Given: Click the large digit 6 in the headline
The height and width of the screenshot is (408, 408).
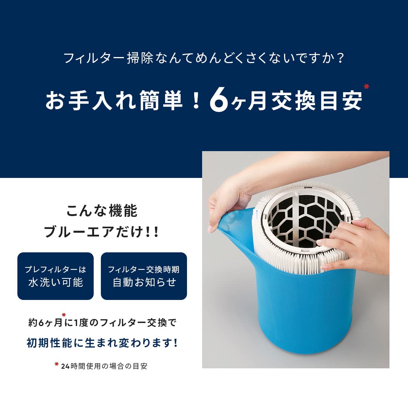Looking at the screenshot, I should (219, 99).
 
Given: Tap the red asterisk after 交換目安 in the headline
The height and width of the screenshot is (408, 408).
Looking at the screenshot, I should (366, 87).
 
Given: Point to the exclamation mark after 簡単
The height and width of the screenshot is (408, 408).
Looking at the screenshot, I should (195, 100).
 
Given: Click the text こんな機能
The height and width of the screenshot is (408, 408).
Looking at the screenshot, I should (102, 211).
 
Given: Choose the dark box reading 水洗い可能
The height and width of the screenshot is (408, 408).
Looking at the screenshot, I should (56, 276).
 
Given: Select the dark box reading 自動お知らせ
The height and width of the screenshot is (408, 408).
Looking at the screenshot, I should (144, 276).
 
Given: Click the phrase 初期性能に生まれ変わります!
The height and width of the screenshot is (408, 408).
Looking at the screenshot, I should (102, 343).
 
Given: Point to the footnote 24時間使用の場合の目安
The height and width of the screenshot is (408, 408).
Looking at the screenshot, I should (104, 366).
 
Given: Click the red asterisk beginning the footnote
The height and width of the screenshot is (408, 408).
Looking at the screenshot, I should (56, 365).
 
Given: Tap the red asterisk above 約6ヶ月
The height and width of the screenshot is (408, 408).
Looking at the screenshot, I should (64, 314).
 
